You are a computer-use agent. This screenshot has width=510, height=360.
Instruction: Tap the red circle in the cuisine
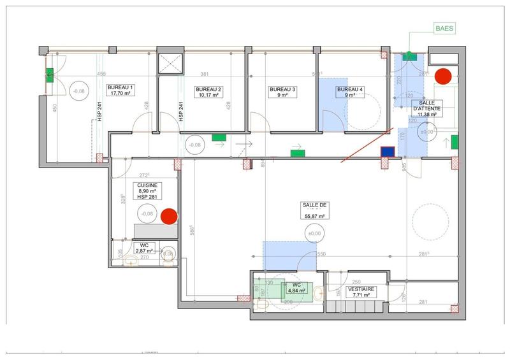(x=168, y=217)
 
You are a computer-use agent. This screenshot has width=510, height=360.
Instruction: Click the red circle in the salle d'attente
(x=442, y=76)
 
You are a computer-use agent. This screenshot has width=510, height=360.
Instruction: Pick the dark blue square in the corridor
(x=386, y=152)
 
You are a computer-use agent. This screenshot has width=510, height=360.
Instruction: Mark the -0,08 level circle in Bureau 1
(x=79, y=91)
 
